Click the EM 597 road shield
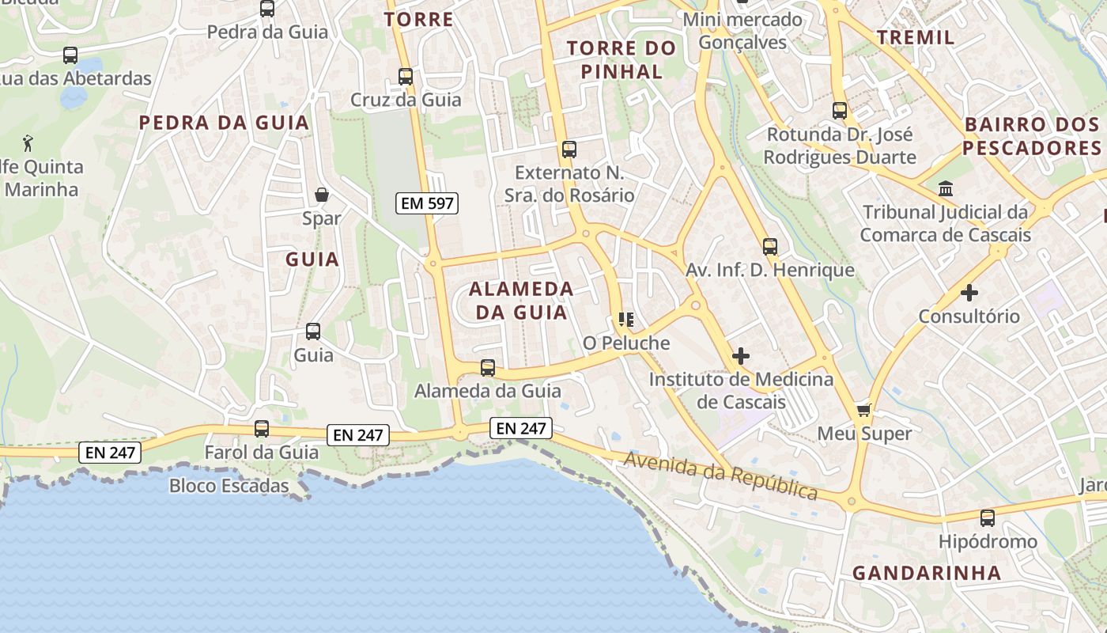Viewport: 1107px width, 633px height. tap(427, 203)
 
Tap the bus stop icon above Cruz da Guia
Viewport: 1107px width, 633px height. tap(406, 77)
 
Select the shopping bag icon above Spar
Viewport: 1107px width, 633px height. tap(322, 195)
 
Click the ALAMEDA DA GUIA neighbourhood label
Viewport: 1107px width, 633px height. tap(521, 300)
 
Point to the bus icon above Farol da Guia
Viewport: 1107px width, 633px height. tap(262, 429)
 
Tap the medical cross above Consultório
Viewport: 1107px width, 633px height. tap(969, 293)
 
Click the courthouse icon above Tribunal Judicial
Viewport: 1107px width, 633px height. tap(945, 188)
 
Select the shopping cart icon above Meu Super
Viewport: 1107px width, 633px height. tap(864, 410)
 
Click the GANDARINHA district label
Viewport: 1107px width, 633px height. tap(927, 573)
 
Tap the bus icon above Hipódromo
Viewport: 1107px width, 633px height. tap(988, 518)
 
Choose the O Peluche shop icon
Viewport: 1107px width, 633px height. tap(626, 320)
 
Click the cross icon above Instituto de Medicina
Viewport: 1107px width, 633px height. tap(741, 356)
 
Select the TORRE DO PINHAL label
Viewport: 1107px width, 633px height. tap(622, 59)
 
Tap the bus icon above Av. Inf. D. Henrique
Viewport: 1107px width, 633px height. tap(770, 246)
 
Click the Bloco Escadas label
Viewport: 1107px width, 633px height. tap(229, 485)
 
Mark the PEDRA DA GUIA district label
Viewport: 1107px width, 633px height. tap(224, 123)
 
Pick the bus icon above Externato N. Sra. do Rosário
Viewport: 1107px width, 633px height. tap(569, 149)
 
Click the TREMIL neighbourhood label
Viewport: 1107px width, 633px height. tap(916, 37)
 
